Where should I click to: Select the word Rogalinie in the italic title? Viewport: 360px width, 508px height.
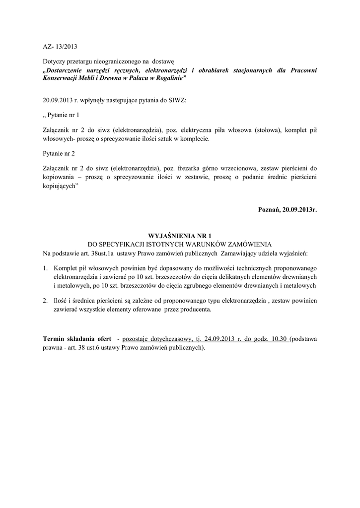point(170,78)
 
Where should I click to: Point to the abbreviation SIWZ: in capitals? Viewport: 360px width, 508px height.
point(177,100)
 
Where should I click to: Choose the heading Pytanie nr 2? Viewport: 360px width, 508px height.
point(60,154)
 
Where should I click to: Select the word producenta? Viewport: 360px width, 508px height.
point(189,309)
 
